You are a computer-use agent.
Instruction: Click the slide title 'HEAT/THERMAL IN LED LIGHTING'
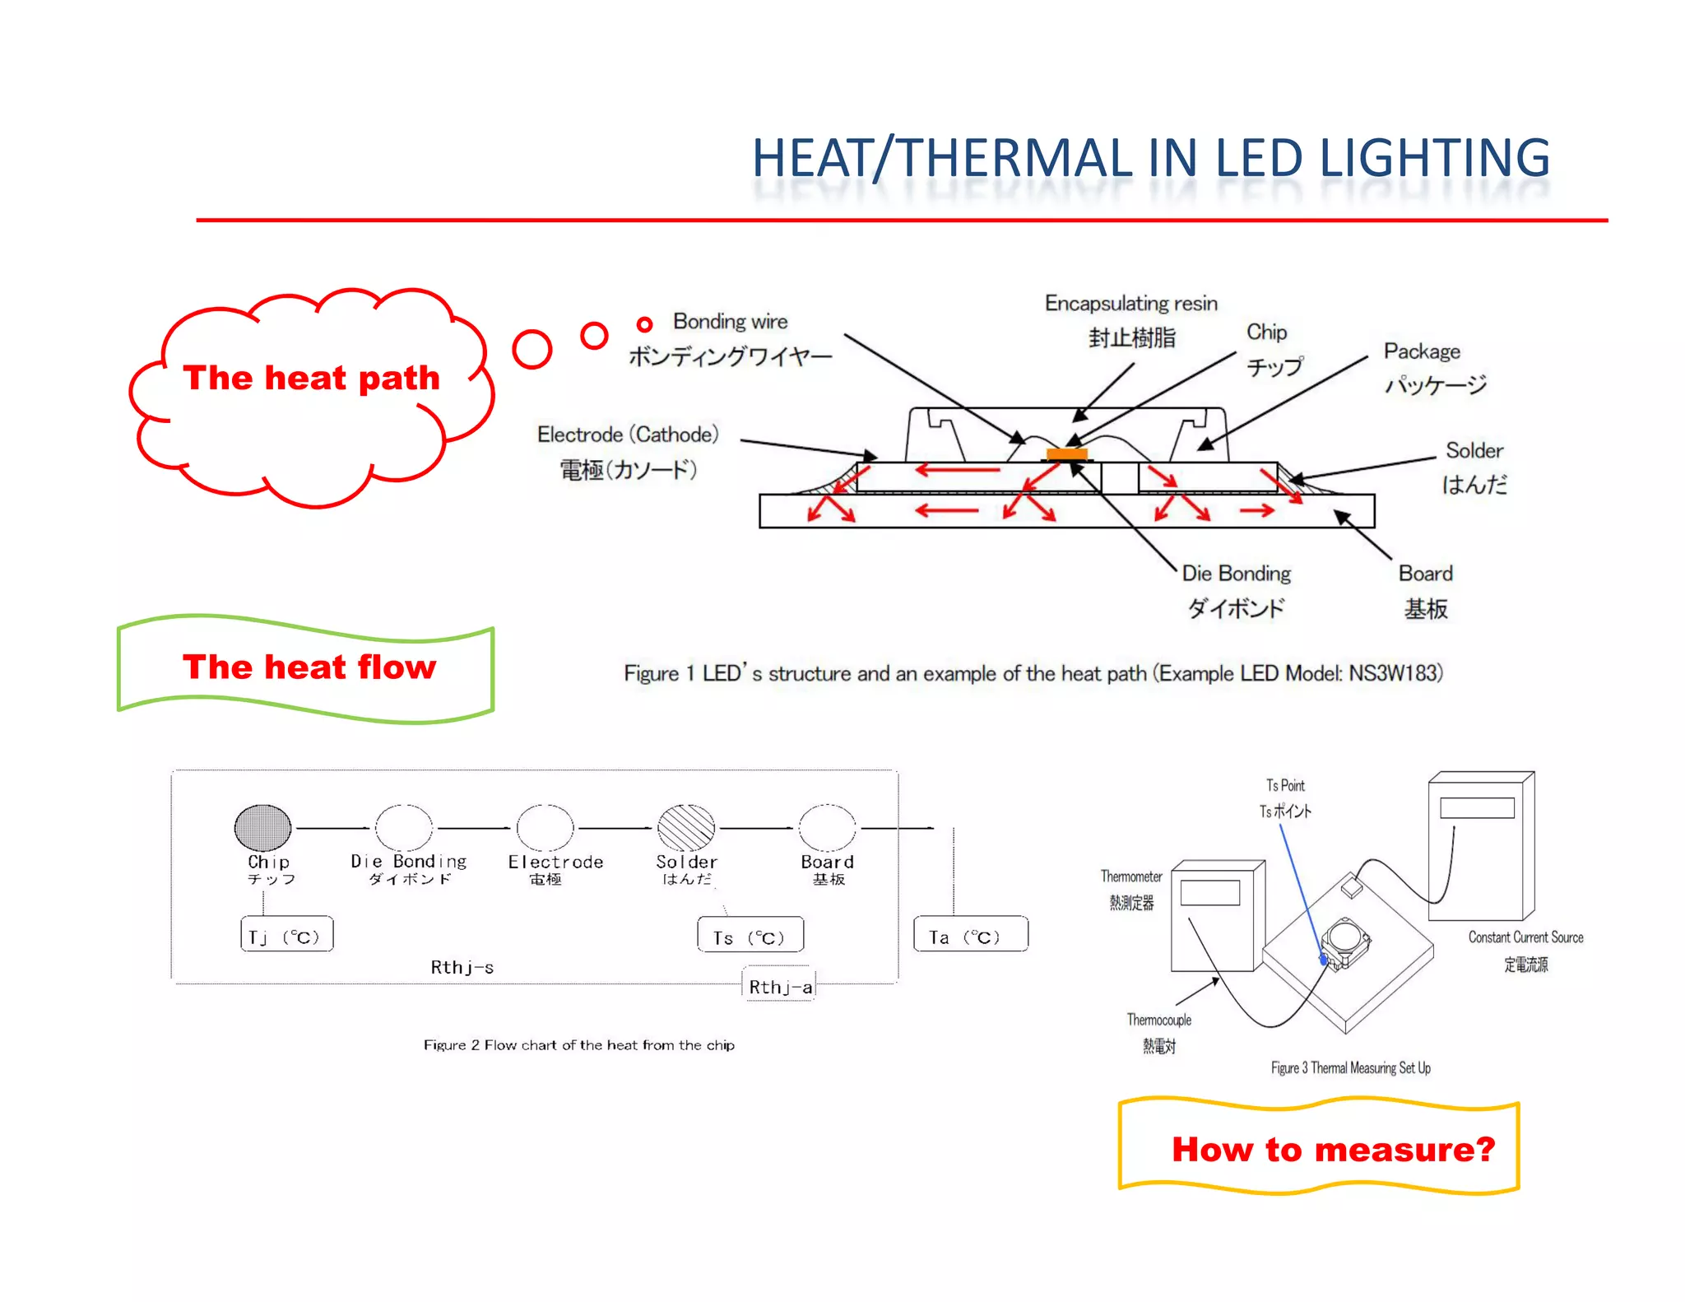[1150, 158]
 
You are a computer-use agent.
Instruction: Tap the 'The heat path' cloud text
[311, 378]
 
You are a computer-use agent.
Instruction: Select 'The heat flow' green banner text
[309, 667]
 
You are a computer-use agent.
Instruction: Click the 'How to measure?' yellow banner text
[1333, 1149]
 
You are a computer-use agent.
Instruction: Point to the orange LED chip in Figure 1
[1067, 453]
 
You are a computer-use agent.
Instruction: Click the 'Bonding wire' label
[730, 322]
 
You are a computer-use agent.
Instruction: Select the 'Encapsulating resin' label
[1130, 304]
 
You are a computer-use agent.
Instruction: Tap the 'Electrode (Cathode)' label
[628, 435]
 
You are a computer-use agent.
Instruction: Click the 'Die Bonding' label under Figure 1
[1236, 574]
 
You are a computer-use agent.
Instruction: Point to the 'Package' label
[1422, 351]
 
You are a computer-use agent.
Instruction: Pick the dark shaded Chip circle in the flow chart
[263, 827]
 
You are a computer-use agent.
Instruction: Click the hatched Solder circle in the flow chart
[686, 827]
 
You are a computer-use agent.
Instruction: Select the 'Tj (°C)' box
[286, 936]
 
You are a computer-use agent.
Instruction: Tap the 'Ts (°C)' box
[750, 937]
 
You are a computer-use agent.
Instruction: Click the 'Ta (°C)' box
[969, 936]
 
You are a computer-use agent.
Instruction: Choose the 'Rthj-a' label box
[780, 987]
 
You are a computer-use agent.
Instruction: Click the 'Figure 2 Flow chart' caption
[578, 1045]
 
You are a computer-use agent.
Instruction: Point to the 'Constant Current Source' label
[1525, 937]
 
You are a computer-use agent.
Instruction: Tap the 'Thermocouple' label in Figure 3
[1158, 1021]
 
